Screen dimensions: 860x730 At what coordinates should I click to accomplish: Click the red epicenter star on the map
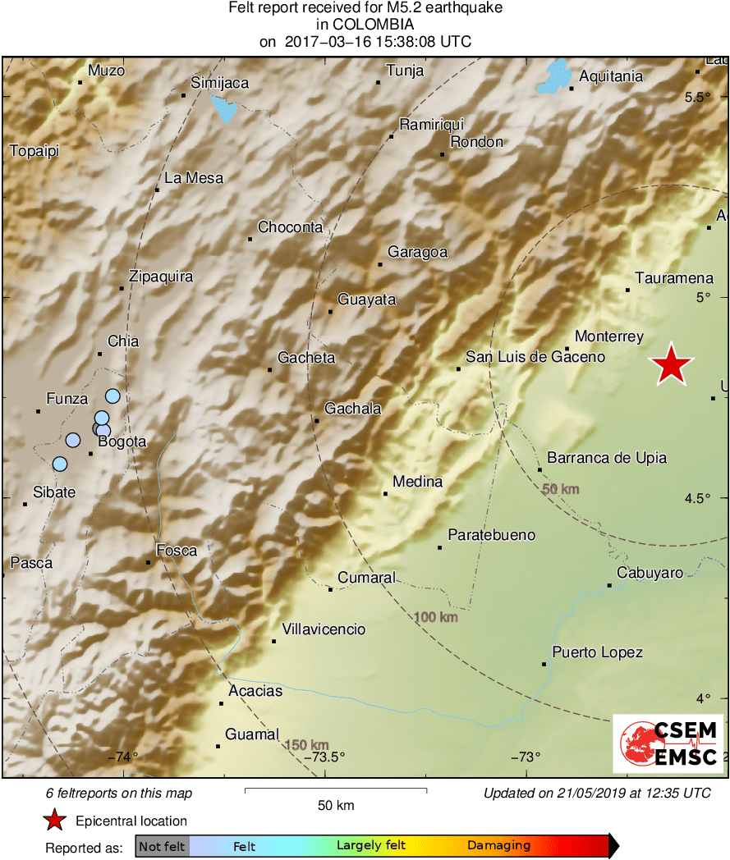[671, 364]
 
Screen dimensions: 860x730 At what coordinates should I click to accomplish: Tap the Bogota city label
[122, 441]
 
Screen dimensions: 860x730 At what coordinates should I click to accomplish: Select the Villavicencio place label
[324, 629]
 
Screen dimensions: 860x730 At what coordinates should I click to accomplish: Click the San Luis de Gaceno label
[535, 356]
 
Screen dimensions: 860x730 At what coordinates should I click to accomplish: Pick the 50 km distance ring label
[561, 489]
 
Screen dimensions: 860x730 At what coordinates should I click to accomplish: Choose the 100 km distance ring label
[435, 617]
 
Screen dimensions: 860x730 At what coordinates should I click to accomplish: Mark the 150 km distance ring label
[306, 745]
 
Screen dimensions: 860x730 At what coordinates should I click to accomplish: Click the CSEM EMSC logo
[668, 743]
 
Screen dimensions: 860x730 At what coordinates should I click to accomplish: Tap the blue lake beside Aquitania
[555, 76]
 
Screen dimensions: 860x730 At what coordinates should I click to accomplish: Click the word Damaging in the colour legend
[498, 845]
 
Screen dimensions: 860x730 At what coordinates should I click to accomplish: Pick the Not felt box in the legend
[163, 845]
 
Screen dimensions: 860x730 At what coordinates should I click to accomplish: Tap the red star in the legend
[54, 820]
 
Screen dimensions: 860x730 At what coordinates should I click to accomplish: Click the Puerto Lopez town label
[597, 652]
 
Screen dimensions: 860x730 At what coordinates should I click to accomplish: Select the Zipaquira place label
[161, 277]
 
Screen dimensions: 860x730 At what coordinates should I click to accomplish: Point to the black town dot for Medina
[385, 493]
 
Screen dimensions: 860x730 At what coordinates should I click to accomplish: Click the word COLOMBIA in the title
[365, 25]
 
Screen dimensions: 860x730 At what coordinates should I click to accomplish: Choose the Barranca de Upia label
[607, 458]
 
